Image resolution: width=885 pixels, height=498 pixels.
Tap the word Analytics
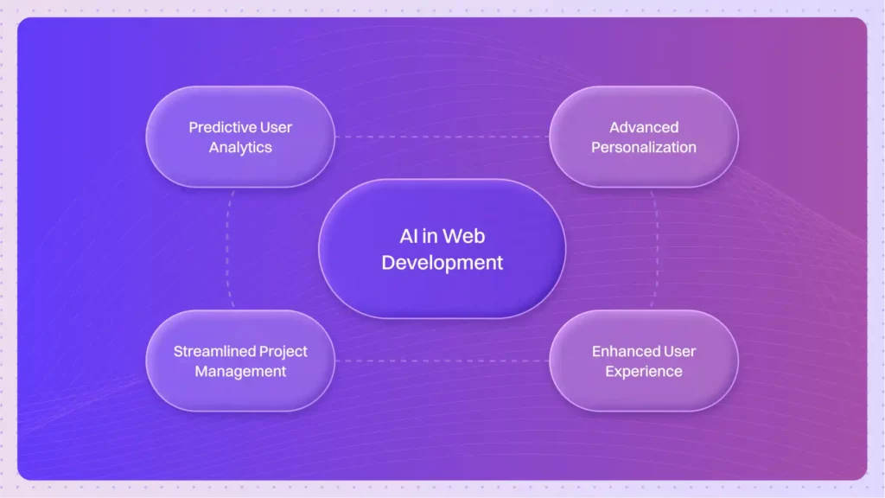[x=240, y=147]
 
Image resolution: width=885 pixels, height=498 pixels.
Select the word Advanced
[x=644, y=127]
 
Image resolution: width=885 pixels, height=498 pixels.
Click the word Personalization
[x=644, y=147]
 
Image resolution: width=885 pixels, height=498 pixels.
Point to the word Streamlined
[x=213, y=351]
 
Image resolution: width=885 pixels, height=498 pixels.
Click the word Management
[x=240, y=371]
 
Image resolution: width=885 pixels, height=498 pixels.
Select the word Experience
[x=644, y=371]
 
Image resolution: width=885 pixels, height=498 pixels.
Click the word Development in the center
[x=442, y=262]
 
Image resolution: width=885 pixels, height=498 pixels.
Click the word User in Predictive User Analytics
[x=277, y=127]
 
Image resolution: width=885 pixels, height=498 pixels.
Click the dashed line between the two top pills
[x=442, y=137]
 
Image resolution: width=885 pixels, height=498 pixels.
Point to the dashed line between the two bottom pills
[x=442, y=361]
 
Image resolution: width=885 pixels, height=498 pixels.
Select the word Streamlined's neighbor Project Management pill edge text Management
[x=240, y=371]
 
